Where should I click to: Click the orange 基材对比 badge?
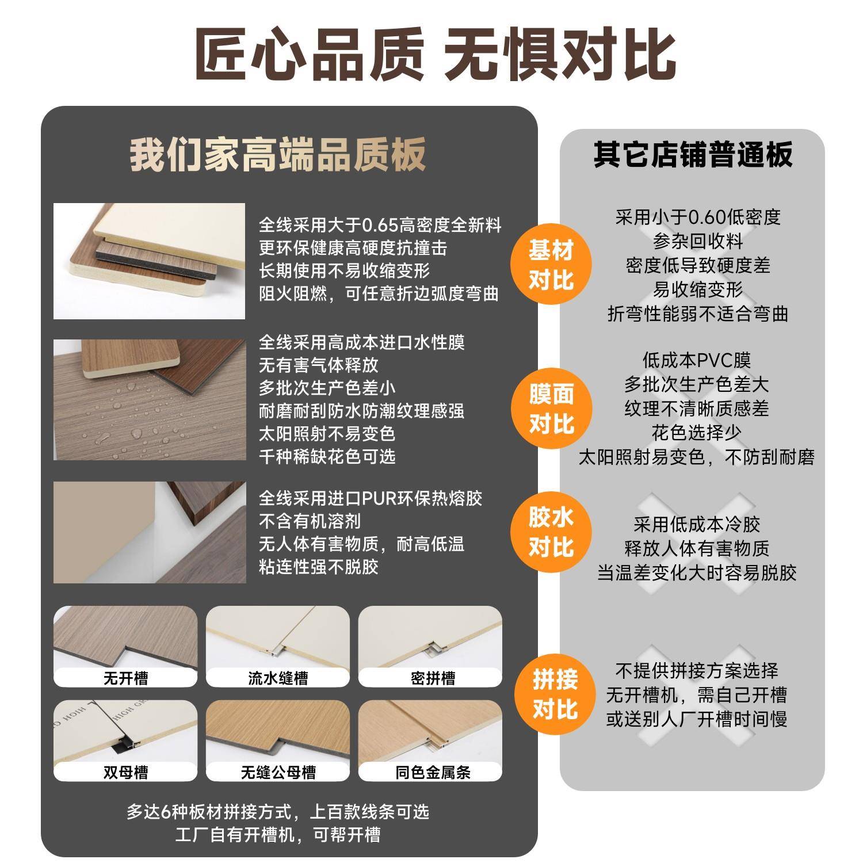click(551, 265)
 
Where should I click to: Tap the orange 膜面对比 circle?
click(551, 409)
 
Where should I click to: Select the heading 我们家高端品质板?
click(277, 154)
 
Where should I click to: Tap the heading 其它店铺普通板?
click(693, 154)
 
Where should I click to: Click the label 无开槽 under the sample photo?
click(125, 678)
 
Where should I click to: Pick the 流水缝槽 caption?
click(278, 678)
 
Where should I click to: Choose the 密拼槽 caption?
click(433, 678)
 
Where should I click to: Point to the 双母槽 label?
click(125, 772)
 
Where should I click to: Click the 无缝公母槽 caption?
click(278, 772)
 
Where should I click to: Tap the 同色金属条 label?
click(433, 772)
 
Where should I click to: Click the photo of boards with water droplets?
click(150, 399)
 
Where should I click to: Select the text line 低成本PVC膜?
click(696, 361)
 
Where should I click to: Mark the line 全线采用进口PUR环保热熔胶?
click(370, 498)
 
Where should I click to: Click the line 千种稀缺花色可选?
click(327, 457)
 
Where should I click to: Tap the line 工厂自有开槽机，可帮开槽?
click(278, 835)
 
